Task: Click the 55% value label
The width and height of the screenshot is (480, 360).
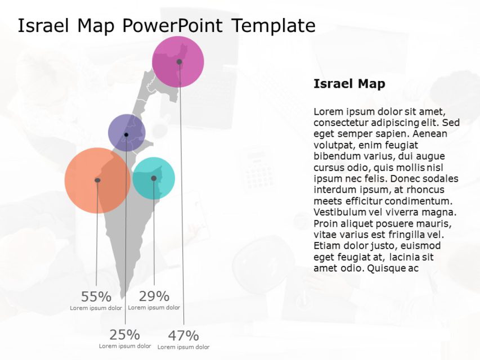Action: [x=96, y=297]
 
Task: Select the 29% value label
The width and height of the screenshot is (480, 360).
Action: [x=154, y=296]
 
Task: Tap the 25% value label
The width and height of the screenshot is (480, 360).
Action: [x=125, y=335]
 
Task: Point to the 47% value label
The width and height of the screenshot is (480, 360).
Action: [x=183, y=336]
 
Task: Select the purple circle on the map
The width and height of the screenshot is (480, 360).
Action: [x=120, y=127]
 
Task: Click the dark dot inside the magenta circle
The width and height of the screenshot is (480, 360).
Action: [x=179, y=62]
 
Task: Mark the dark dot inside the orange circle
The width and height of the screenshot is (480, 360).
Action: [x=97, y=180]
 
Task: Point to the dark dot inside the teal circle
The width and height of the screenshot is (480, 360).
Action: [x=154, y=178]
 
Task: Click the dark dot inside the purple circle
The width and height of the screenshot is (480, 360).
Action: [x=126, y=135]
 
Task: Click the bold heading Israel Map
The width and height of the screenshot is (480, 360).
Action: [x=349, y=84]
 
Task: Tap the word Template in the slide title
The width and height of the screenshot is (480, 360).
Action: [x=273, y=26]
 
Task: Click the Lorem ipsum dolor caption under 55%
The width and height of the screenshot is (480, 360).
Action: [x=96, y=308]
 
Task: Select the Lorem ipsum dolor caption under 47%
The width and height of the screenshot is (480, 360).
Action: [x=183, y=347]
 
